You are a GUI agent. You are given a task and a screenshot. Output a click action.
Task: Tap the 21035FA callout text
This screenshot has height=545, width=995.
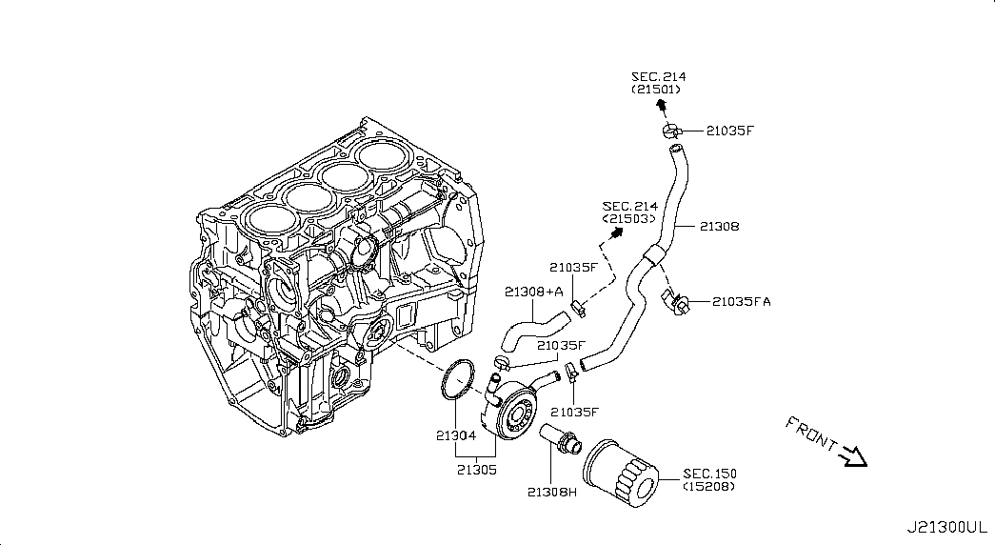coord(743,302)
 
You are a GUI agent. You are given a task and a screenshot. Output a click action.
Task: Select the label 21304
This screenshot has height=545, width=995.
coord(455,436)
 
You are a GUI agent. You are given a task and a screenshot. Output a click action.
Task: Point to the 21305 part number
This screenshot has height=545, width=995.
coord(476,469)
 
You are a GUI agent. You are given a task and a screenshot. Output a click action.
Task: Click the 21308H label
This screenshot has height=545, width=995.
coord(552,493)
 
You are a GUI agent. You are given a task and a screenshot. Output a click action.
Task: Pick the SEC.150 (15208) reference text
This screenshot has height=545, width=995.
coord(709,480)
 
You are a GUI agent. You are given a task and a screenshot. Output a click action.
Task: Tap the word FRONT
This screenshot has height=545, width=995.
coord(810,434)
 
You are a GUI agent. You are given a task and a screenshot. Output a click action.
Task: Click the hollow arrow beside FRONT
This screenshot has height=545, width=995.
coord(853,456)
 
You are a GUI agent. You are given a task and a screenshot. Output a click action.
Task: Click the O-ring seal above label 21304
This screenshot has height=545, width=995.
coord(458,378)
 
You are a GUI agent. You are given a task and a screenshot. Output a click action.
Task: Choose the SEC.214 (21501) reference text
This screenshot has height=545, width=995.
coord(658,83)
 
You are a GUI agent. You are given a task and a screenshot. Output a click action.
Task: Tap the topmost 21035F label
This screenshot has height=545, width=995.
coord(730,131)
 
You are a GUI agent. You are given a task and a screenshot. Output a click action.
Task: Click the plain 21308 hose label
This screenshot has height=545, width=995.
coord(719,227)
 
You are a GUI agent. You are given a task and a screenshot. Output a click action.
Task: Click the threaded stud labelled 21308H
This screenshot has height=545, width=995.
coord(561,439)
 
